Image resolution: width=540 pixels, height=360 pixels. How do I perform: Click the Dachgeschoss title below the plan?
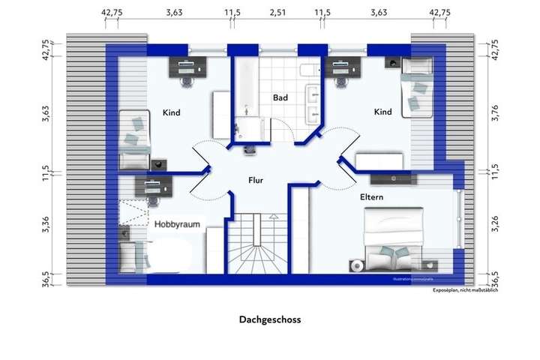pos(270,319)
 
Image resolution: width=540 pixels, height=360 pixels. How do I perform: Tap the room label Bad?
pos(280,98)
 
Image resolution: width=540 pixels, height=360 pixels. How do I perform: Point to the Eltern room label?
pos(371,197)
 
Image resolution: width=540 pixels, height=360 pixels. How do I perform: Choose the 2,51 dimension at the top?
pos(277,13)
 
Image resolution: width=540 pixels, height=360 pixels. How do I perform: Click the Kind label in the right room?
pos(382,112)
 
